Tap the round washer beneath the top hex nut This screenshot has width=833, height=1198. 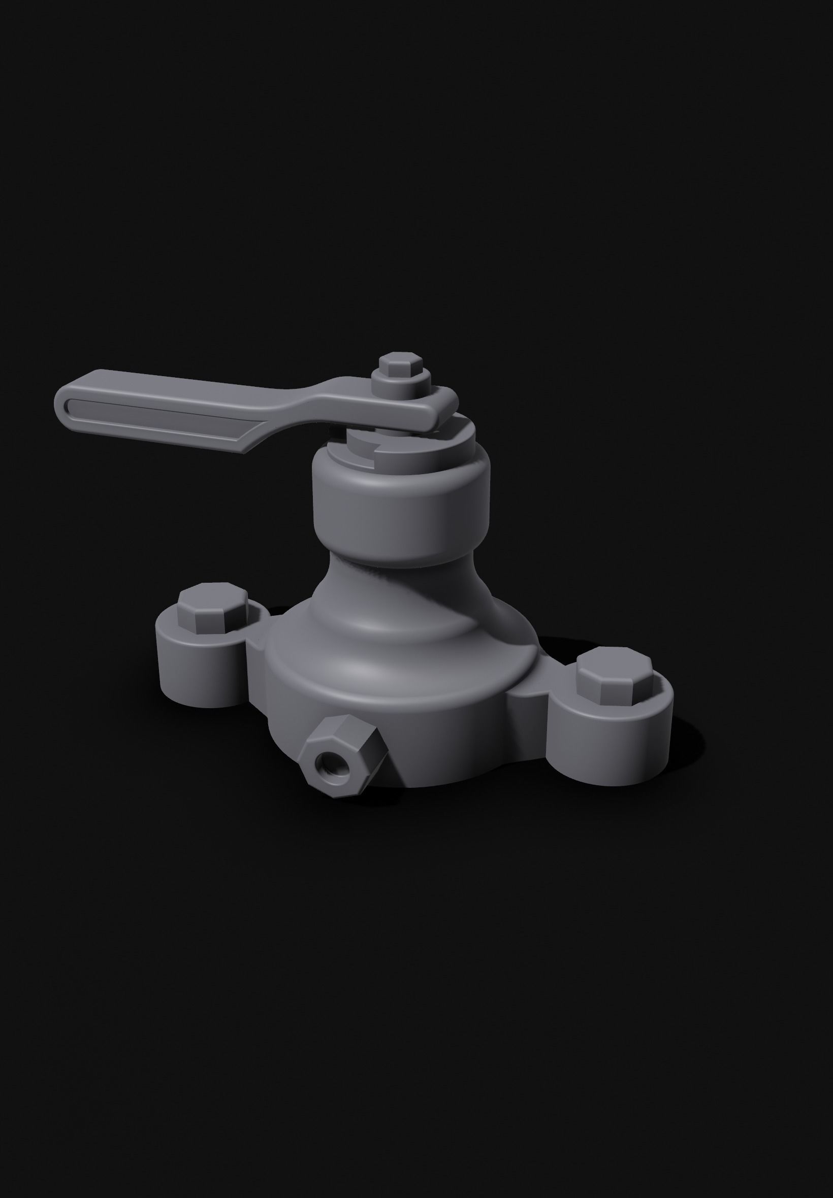(x=402, y=386)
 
